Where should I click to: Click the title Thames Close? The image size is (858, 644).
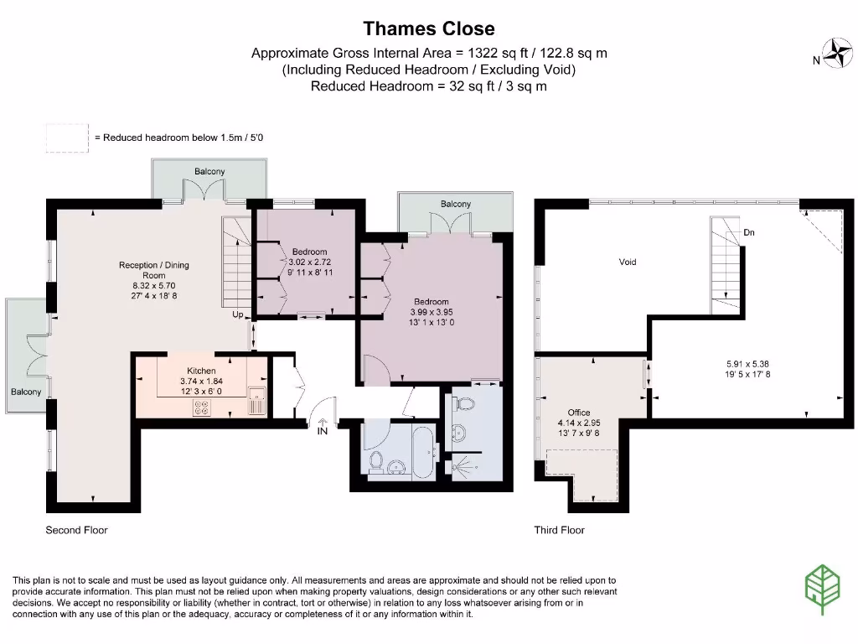pos(429,29)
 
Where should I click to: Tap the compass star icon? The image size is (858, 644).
pos(838,53)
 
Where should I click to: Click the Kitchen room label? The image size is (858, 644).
pos(201,371)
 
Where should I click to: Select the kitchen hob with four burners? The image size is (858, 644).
pos(201,408)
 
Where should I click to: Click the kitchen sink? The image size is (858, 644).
pos(256,400)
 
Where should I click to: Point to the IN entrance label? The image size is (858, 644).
pos(323,432)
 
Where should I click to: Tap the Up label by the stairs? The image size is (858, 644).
pos(237,314)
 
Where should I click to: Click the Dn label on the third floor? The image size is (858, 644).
pos(749,232)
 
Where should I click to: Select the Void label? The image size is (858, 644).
pos(628,262)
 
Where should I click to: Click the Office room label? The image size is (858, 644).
pos(579,413)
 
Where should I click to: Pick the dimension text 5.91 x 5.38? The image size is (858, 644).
pos(747,364)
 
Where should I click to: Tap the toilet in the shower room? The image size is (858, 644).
pos(465,403)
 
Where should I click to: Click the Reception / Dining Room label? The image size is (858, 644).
pos(154,270)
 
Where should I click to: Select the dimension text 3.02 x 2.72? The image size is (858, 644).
pos(310,262)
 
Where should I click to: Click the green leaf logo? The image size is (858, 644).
pos(823,589)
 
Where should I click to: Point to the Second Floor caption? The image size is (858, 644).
pos(76,530)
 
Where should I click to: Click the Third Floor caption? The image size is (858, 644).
pos(559,530)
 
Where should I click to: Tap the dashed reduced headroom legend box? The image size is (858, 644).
pos(67,138)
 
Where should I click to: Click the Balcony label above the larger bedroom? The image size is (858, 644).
pos(456,204)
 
